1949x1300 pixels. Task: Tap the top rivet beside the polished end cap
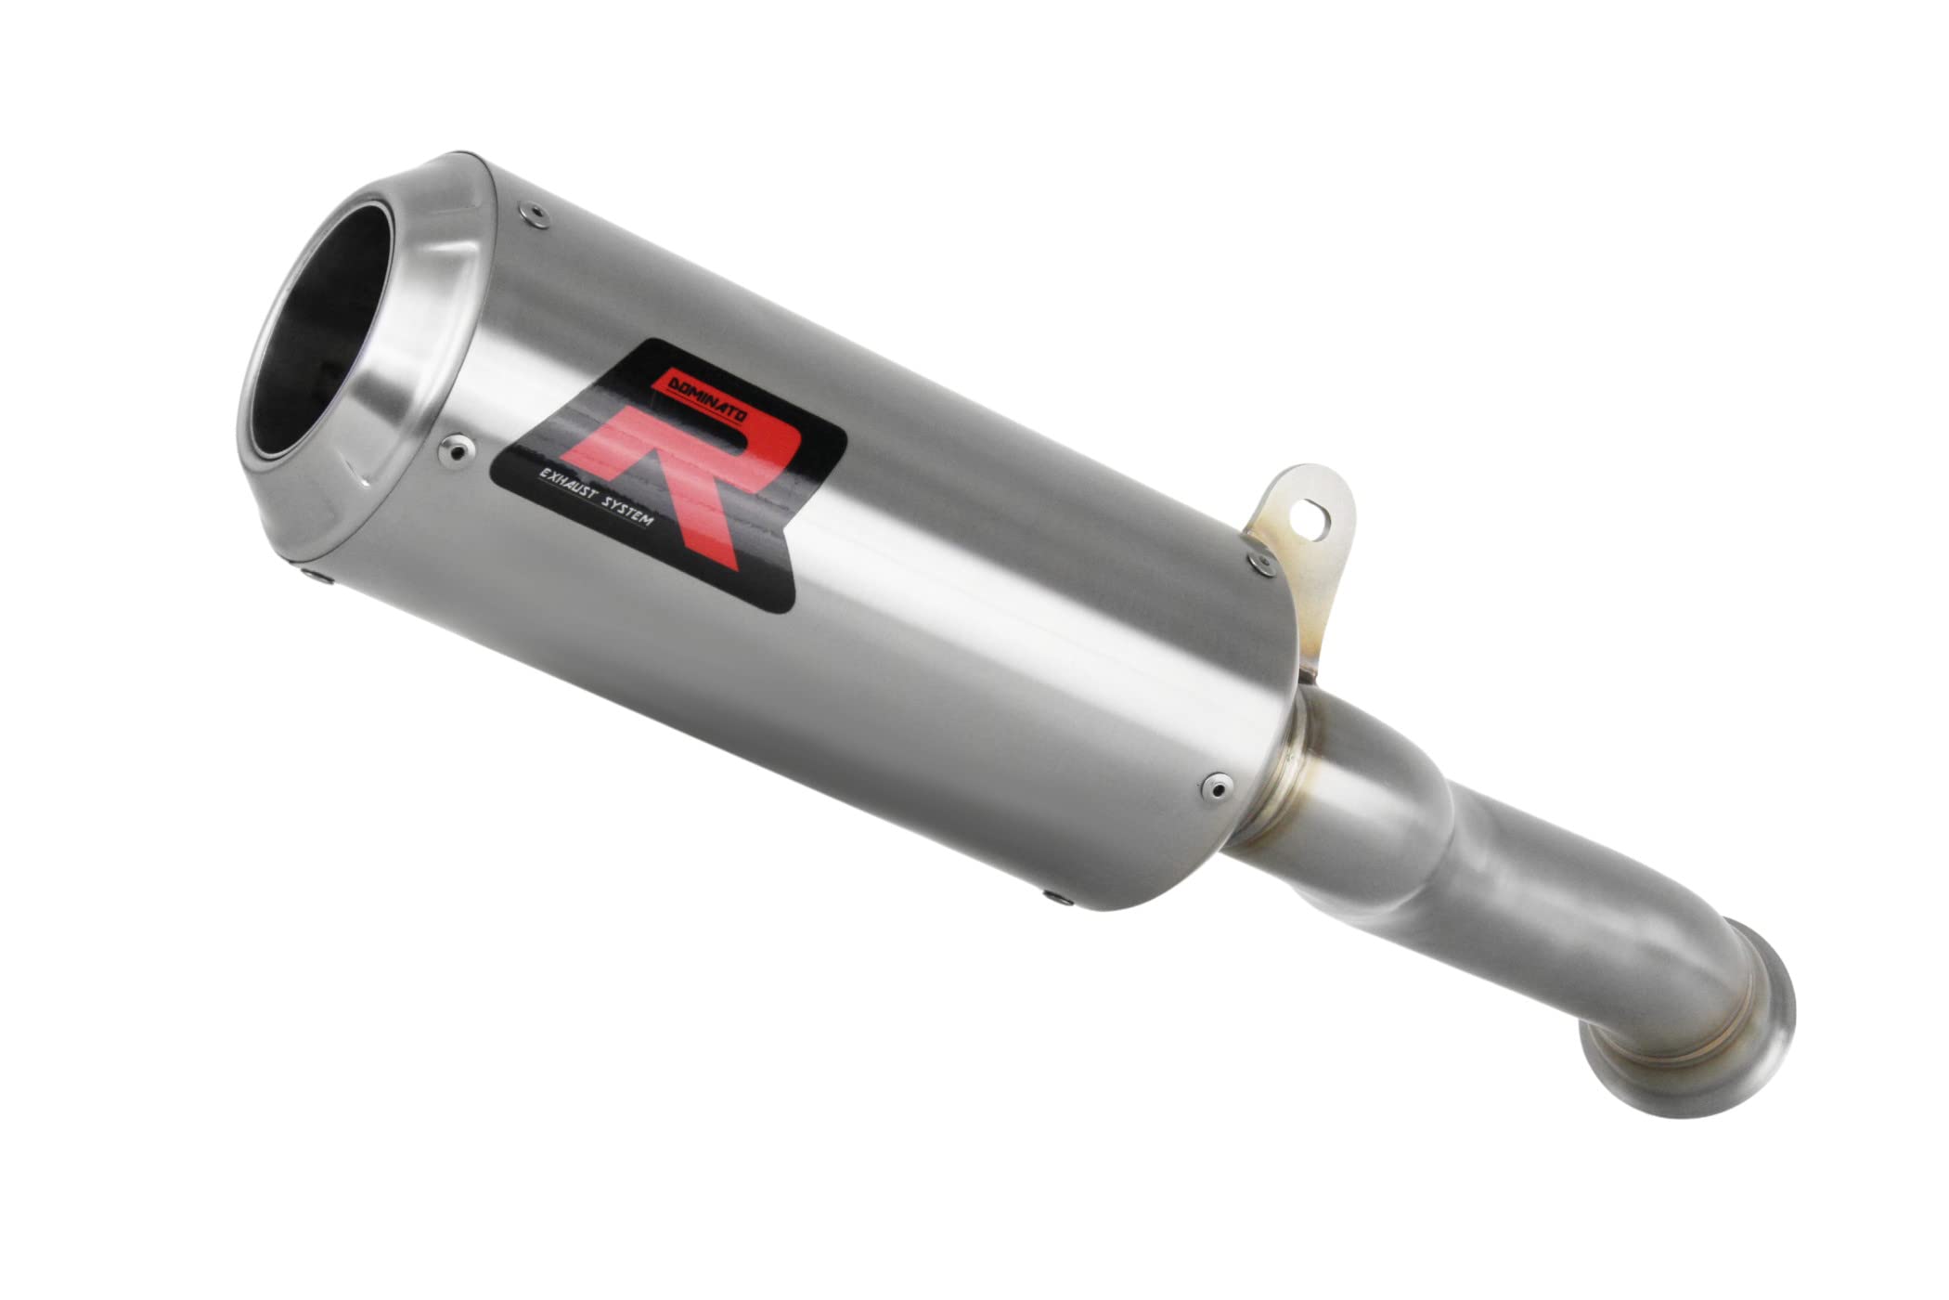(x=532, y=215)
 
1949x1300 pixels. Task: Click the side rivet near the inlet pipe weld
(x=1211, y=788)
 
